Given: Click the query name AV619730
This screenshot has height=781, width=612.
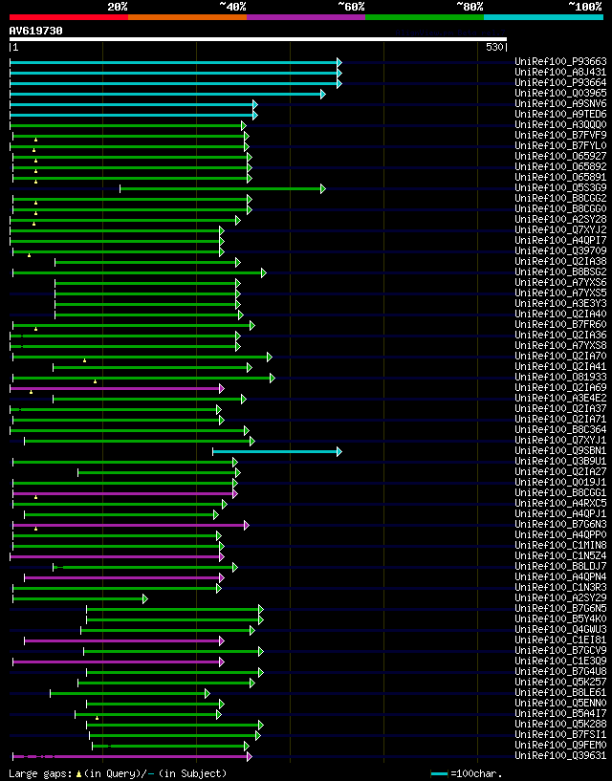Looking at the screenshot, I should [x=36, y=31].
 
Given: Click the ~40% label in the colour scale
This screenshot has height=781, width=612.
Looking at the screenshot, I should [x=232, y=7].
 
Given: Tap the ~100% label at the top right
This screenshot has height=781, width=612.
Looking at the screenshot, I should [x=585, y=7].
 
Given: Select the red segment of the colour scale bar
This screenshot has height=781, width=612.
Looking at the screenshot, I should [x=68, y=16].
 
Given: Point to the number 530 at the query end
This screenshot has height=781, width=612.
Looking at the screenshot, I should [x=494, y=47].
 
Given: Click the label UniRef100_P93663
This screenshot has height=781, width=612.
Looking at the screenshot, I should [x=560, y=62].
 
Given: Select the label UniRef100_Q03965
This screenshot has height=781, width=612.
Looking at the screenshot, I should [x=560, y=94].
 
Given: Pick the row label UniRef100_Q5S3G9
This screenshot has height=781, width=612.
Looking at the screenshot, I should [x=560, y=188].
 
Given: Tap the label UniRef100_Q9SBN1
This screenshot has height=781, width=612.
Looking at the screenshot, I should [x=560, y=451].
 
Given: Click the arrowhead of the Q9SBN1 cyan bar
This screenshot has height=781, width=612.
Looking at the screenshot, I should [x=339, y=451].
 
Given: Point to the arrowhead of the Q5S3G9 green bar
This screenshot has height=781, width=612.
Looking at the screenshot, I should [x=323, y=188].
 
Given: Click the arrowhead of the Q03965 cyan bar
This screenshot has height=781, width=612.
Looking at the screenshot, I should [x=323, y=94].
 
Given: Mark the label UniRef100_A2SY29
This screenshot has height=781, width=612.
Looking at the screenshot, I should [x=560, y=598].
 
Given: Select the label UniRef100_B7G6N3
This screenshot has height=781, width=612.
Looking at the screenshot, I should [x=560, y=525].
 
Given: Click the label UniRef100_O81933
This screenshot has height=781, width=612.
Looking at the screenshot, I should [x=560, y=378].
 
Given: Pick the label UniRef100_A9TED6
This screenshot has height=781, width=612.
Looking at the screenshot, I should [x=560, y=115].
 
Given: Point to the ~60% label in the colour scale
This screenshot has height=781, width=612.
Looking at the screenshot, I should [x=351, y=7].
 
